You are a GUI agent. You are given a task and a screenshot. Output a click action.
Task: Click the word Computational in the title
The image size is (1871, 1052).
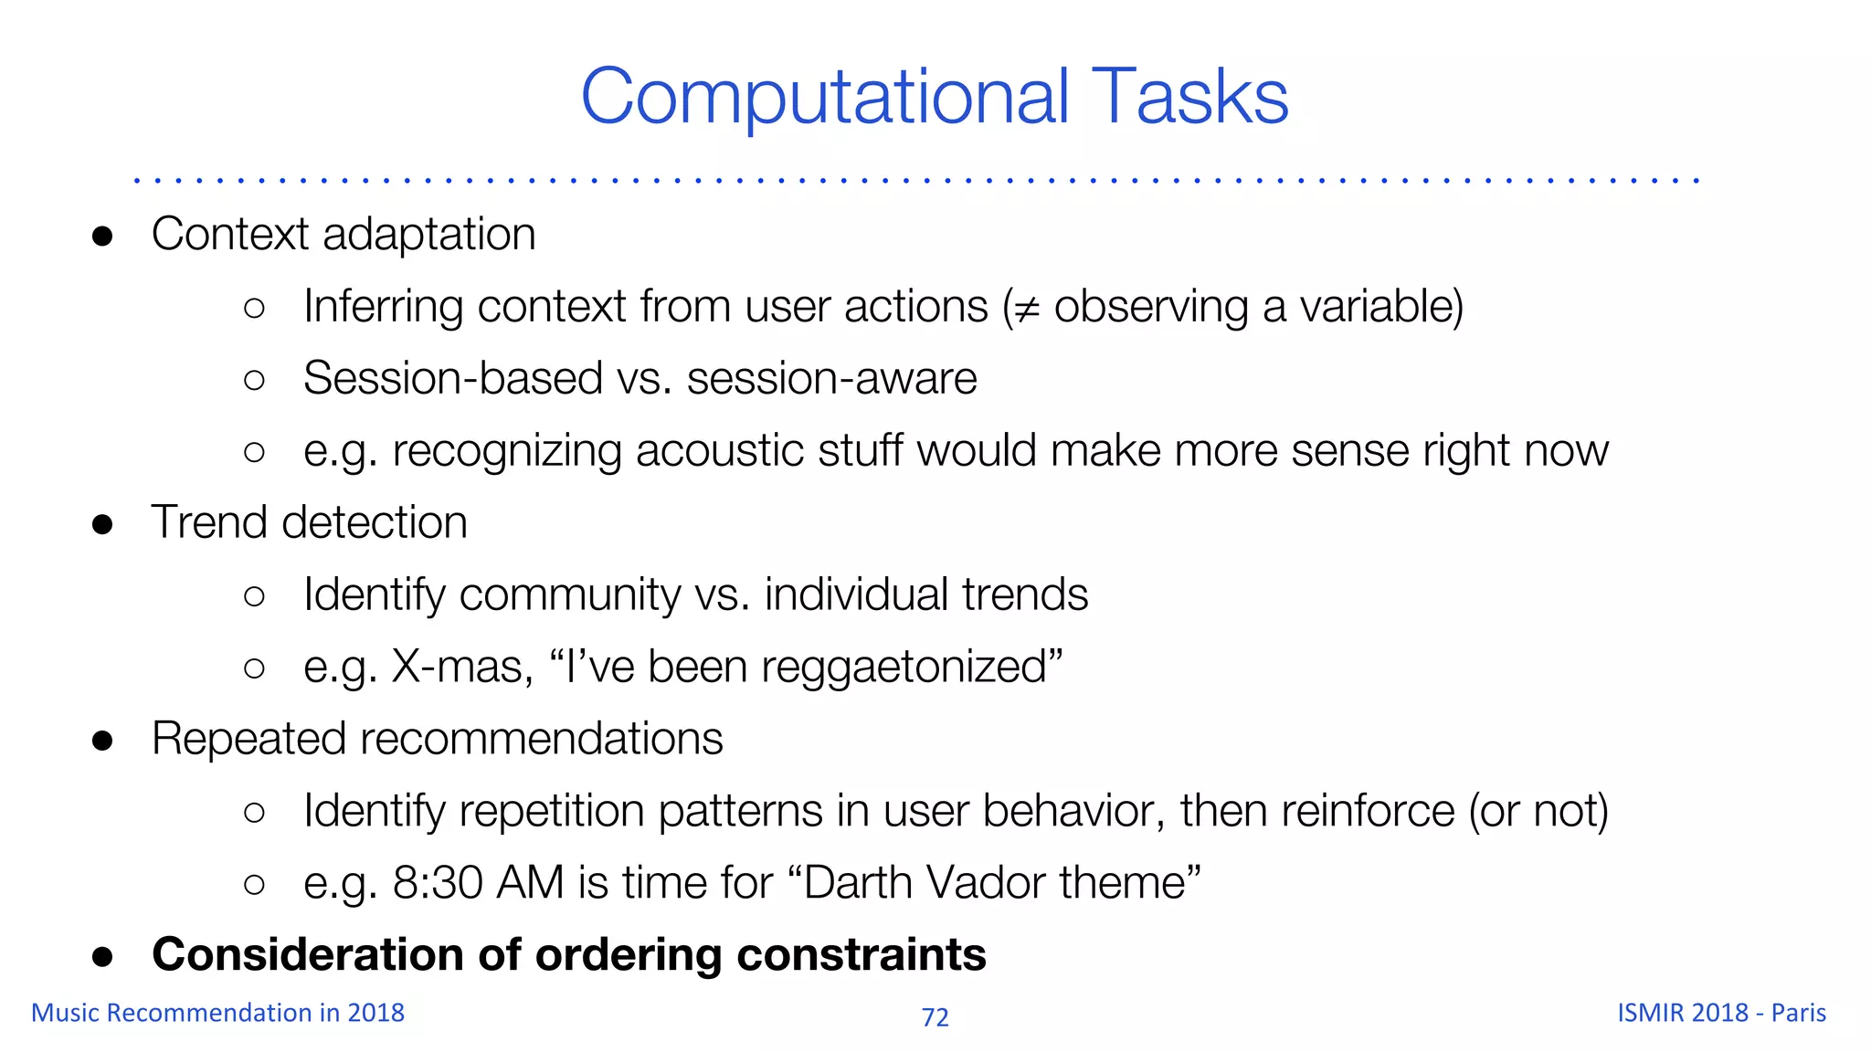[824, 97]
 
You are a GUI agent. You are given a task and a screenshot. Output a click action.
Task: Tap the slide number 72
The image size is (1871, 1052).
[935, 1017]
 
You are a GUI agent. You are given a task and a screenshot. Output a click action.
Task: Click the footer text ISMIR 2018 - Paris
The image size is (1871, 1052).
[1721, 1013]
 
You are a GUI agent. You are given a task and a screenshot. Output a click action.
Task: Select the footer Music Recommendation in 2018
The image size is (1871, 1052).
[217, 1013]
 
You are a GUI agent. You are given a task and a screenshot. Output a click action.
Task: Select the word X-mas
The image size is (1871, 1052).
[462, 667]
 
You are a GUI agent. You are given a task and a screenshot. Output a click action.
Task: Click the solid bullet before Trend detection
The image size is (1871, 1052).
[102, 524]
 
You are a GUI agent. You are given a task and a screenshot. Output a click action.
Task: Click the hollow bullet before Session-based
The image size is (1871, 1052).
[255, 380]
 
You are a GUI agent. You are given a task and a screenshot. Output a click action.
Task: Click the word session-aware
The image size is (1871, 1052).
[831, 379]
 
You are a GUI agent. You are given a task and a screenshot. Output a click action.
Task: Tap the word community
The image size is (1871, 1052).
[570, 595]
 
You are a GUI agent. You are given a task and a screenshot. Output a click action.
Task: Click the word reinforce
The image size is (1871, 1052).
[1362, 811]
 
